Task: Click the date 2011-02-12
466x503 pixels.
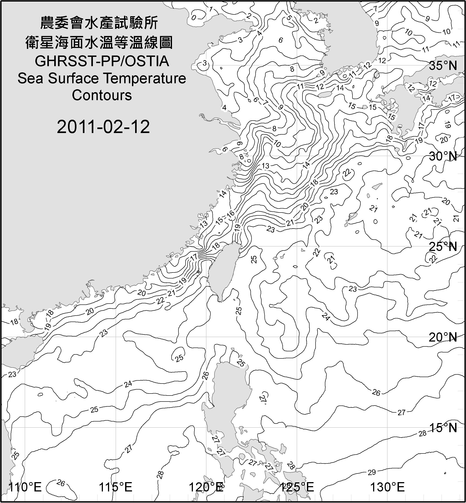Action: tap(103, 127)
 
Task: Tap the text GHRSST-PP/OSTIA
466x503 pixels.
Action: tap(102, 61)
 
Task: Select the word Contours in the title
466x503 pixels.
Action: tap(102, 95)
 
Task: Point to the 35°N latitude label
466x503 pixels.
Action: tap(443, 66)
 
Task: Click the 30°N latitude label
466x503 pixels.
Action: tap(443, 157)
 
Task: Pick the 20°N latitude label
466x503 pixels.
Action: tap(443, 337)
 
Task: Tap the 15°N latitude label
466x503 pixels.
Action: tap(443, 428)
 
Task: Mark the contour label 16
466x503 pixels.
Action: tap(230, 213)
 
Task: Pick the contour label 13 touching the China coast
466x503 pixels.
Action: tap(204, 223)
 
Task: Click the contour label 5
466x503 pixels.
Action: tap(289, 18)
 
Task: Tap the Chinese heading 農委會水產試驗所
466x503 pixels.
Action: tap(99, 23)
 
